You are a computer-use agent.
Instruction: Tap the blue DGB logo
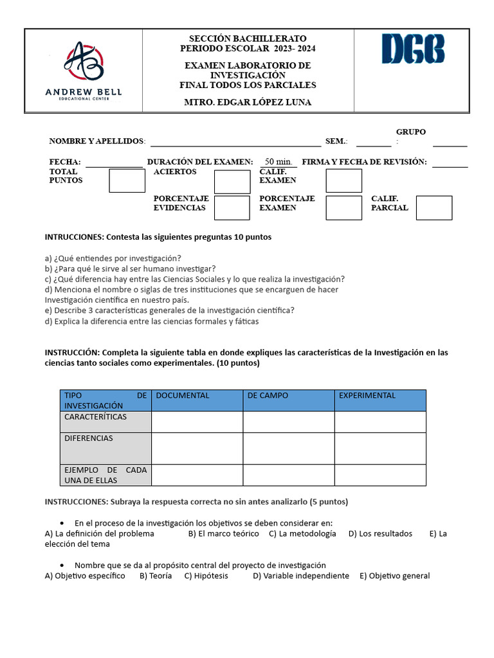click(414, 49)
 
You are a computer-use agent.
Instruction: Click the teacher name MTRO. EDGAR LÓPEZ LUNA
click(248, 102)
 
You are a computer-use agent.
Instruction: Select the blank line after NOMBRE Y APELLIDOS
click(235, 143)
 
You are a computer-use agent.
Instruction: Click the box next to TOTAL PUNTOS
click(127, 181)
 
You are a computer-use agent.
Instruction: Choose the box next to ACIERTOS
click(232, 181)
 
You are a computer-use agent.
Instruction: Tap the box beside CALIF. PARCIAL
click(434, 208)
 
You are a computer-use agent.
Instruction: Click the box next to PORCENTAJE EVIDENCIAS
click(232, 208)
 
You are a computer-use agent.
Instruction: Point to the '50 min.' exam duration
click(279, 162)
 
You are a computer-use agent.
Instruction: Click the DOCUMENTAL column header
click(183, 395)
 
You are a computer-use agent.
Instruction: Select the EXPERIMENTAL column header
click(367, 395)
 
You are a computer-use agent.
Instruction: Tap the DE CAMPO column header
click(268, 395)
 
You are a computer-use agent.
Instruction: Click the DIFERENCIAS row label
click(89, 438)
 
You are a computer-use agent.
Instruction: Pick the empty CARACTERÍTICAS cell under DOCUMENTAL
click(197, 422)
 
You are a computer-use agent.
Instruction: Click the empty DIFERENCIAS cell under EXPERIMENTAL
click(380, 448)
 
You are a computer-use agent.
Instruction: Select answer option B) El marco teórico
click(224, 533)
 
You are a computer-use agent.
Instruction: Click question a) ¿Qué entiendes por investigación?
click(113, 258)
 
